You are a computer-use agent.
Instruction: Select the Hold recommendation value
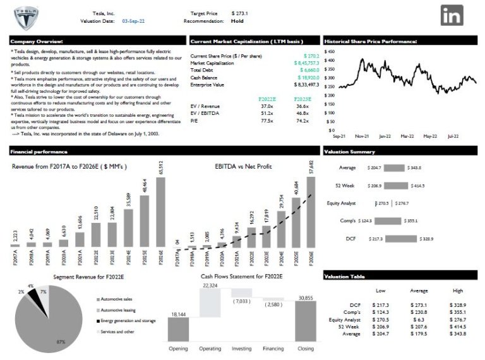tap(237, 21)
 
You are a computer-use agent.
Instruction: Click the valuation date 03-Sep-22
tap(134, 21)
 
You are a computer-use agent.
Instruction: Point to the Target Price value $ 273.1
tap(240, 13)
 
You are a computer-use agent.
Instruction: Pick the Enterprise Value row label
tap(207, 84)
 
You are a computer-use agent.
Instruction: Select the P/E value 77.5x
tap(266, 121)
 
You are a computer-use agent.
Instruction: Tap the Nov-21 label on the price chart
tap(362, 136)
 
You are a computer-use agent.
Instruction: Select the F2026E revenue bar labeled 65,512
tap(160, 212)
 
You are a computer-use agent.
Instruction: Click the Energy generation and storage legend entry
tap(128, 321)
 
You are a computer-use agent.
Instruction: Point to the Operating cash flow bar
tap(210, 303)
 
